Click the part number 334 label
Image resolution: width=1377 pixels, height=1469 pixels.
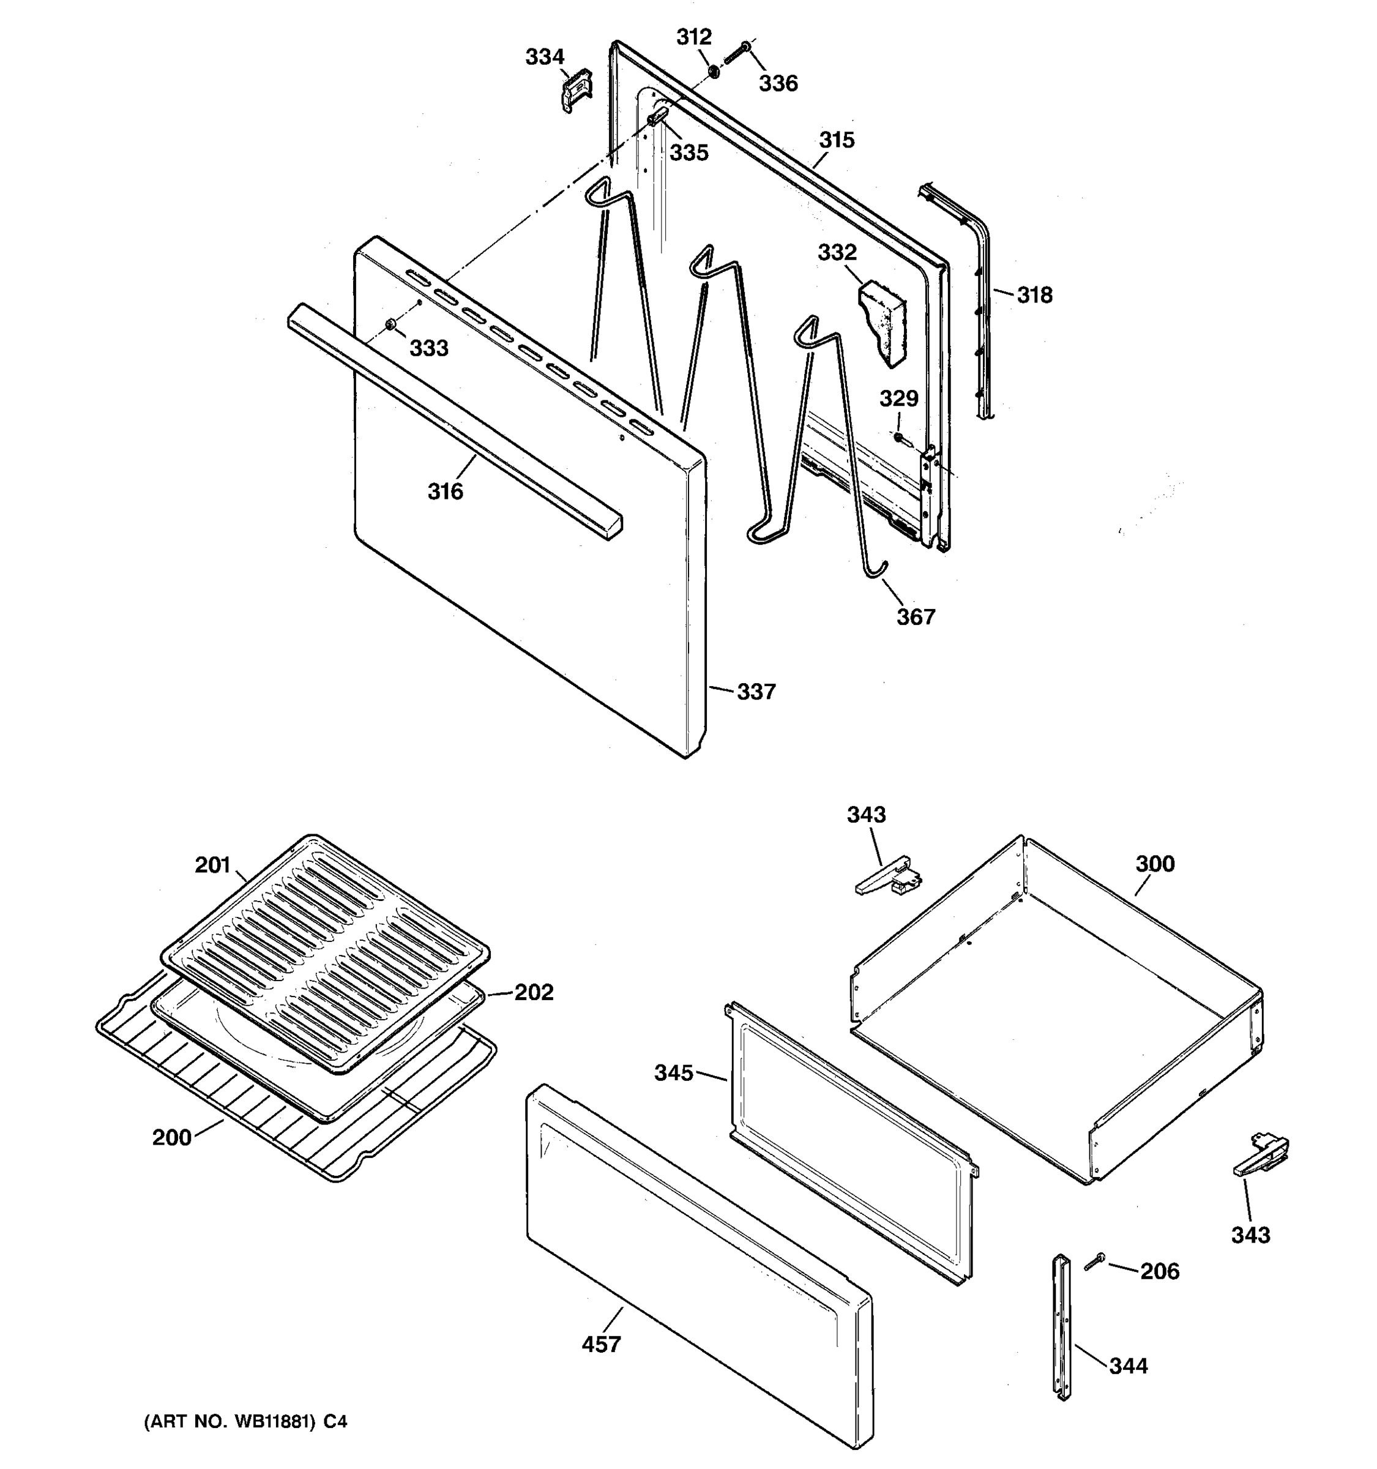(x=545, y=57)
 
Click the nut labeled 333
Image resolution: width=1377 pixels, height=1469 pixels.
(x=390, y=324)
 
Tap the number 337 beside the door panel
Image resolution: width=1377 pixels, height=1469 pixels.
(x=756, y=692)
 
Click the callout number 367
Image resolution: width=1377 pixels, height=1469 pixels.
(x=916, y=616)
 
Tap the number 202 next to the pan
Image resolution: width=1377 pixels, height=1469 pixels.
(x=534, y=992)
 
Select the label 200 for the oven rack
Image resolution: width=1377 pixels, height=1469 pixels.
(x=171, y=1137)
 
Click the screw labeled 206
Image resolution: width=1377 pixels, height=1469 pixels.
(x=1094, y=1262)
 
